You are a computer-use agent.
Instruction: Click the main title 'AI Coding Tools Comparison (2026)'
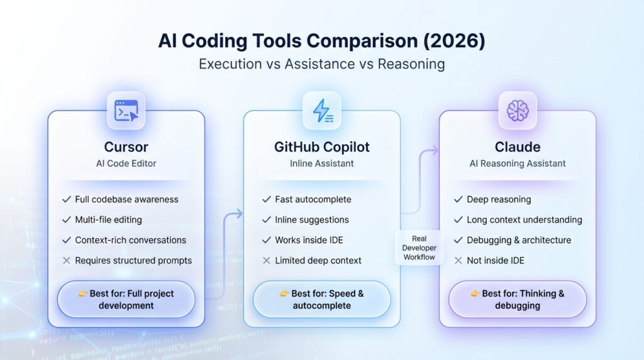pos(322,42)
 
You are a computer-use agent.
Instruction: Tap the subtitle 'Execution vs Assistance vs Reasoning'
pos(322,64)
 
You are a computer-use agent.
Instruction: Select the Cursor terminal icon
pos(126,111)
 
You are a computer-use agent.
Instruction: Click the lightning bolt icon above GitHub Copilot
pos(322,111)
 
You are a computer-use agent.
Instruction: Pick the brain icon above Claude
pos(518,111)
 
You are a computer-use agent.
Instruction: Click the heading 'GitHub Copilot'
pos(322,147)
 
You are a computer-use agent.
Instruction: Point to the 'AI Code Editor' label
pos(126,164)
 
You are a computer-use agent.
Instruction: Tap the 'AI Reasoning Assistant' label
pos(518,164)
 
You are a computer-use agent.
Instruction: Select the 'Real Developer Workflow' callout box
pos(419,248)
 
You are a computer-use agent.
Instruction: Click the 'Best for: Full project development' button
pos(126,300)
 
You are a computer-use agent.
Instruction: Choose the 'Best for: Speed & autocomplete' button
pos(322,300)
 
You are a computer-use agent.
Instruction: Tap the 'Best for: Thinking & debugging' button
pos(518,300)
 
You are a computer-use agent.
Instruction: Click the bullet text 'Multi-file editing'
pos(108,220)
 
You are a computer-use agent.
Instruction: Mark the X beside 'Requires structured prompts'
pos(66,261)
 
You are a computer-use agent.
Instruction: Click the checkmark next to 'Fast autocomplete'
pos(266,200)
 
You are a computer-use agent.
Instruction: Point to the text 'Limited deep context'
pos(318,261)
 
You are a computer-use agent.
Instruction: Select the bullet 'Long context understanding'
pos(524,220)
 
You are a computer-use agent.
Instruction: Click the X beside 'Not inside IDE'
pos(458,261)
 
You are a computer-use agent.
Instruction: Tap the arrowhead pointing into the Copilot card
pos(239,214)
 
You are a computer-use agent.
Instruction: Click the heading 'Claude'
pos(518,147)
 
